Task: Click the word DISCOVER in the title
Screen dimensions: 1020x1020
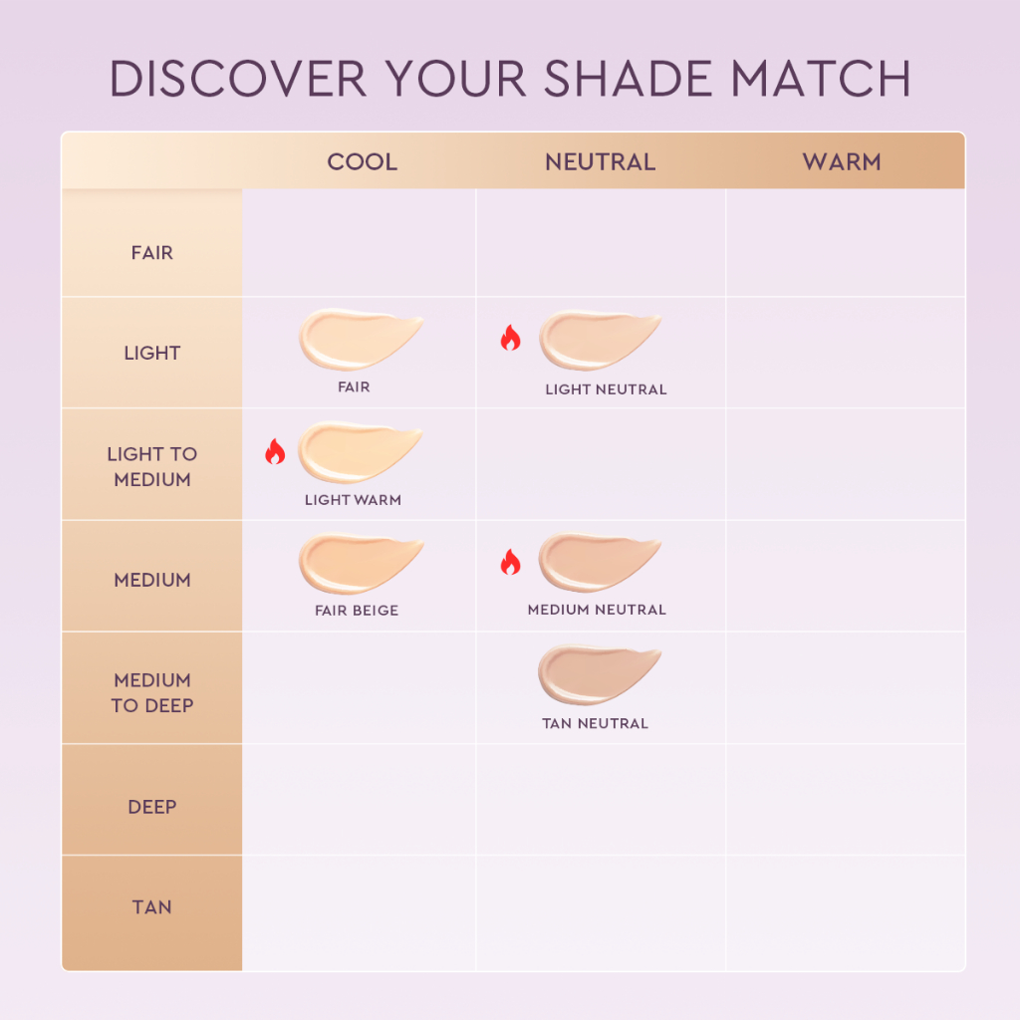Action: click(238, 79)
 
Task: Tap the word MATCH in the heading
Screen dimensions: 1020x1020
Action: click(821, 79)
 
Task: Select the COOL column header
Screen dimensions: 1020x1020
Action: click(363, 162)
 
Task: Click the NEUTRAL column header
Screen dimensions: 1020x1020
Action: click(601, 162)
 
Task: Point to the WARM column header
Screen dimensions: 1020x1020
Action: click(842, 162)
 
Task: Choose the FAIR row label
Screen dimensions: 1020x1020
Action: click(152, 252)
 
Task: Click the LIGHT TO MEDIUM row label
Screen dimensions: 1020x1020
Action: click(152, 466)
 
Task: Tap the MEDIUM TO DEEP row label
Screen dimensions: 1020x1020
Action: click(152, 693)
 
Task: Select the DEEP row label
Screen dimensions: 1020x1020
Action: click(152, 807)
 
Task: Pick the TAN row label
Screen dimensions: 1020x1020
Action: click(152, 906)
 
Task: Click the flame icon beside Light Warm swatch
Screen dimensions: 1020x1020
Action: click(275, 451)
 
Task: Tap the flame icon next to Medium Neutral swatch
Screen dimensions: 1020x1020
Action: click(511, 562)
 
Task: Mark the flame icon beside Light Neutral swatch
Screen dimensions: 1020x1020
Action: click(511, 338)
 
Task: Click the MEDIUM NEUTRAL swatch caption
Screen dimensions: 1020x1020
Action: click(597, 610)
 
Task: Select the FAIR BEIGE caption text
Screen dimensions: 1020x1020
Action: click(357, 611)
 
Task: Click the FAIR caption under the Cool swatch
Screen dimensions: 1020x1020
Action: click(354, 387)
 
